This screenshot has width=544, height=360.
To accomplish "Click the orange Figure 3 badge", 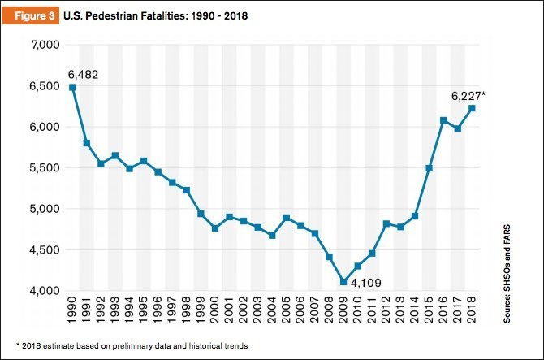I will click(30, 14).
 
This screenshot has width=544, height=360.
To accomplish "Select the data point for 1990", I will click(73, 87).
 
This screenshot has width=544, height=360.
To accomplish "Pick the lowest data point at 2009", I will click(343, 282).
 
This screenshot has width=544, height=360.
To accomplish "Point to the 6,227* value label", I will click(469, 95).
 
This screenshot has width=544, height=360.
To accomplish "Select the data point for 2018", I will click(472, 108).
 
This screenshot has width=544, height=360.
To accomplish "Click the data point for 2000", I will click(215, 228).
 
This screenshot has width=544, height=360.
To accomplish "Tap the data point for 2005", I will click(287, 218).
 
